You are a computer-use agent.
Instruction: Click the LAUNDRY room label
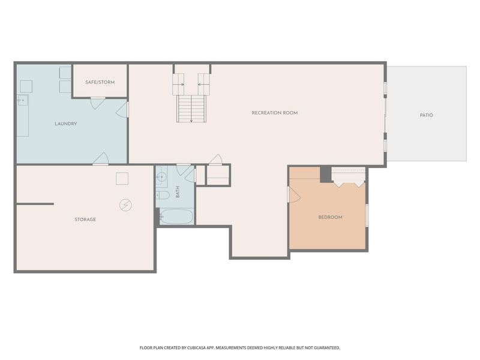click(65, 124)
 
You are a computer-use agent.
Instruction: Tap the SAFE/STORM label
click(99, 82)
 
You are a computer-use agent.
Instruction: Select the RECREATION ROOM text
click(274, 113)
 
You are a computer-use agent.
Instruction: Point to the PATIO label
click(426, 115)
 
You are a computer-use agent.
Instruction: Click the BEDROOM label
click(330, 217)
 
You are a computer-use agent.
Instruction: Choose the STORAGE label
click(85, 220)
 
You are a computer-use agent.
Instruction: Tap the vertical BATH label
click(178, 192)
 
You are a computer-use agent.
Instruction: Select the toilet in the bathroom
click(163, 196)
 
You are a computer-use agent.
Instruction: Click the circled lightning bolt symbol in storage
click(125, 205)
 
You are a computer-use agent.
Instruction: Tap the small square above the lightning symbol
click(122, 178)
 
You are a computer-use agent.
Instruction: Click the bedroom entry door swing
click(294, 195)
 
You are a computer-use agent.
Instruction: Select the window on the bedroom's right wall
click(367, 215)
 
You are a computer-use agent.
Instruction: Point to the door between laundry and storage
click(101, 158)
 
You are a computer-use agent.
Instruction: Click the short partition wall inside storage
click(35, 204)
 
